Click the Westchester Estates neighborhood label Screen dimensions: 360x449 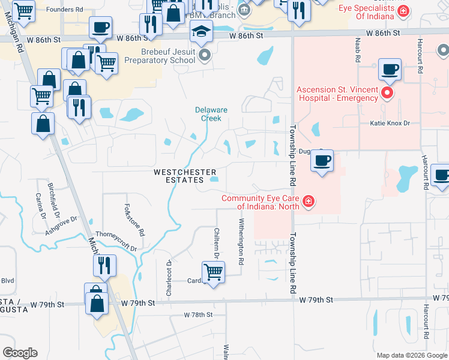coord(185,176)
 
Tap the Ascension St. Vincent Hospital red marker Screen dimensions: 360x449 coord(387,93)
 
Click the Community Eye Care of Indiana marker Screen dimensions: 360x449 coord(308,202)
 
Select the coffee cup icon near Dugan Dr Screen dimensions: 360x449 coord(322,161)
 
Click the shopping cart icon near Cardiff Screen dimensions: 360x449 coord(213,272)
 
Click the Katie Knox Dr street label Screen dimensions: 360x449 coord(389,123)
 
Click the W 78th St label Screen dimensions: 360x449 coord(198,314)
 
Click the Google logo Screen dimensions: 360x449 coord(20,353)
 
